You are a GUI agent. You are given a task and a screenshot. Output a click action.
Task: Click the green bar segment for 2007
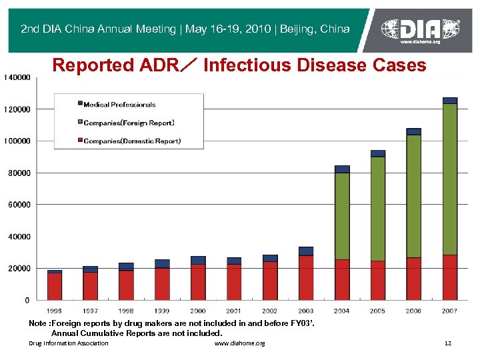coord(450,179)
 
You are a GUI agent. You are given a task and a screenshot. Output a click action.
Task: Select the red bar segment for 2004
coord(342,279)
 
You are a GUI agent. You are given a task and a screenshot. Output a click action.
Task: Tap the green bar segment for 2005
coord(378,209)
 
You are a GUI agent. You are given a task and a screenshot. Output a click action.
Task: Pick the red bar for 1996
coord(55,286)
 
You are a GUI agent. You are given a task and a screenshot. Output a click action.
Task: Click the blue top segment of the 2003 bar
coord(306,251)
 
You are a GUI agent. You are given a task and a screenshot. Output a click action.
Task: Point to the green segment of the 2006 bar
coord(414,196)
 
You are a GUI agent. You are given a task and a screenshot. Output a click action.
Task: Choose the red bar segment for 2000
coord(198,282)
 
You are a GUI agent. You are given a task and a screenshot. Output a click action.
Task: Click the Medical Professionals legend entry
coord(119,105)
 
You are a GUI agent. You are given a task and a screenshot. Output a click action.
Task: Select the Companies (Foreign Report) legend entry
coord(129,123)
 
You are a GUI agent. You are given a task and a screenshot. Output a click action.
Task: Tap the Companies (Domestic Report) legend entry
coord(132,141)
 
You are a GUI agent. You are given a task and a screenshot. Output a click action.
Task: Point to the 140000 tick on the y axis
coord(17,77)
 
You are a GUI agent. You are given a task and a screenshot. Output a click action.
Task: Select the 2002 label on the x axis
coord(270,311)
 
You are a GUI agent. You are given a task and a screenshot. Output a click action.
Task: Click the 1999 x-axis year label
coord(162,311)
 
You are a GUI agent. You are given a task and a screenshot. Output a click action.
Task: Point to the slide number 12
coord(447,343)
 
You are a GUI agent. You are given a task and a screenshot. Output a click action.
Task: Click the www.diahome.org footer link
coord(239,343)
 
